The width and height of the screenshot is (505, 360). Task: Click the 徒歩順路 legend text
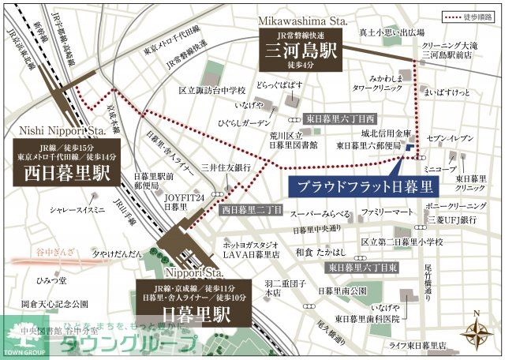(x=480, y=16)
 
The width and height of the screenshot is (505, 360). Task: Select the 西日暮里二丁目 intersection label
(x=251, y=210)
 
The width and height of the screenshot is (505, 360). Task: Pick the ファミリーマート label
(x=387, y=213)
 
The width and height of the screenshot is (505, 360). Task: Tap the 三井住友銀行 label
(x=226, y=167)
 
